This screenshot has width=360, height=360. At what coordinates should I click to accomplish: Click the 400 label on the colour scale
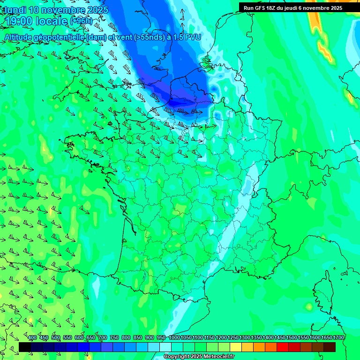pos(32,337)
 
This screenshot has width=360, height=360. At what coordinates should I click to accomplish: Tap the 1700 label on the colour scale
pos(338,337)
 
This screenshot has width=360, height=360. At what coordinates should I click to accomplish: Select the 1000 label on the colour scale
pos(174,337)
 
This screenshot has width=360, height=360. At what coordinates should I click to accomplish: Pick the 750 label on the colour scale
pos(114,337)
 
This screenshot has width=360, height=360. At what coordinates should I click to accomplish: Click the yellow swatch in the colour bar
pos(236,347)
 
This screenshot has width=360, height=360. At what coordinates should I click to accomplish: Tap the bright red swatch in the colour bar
pos(283,347)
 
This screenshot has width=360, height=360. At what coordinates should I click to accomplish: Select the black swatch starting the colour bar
pos(25,347)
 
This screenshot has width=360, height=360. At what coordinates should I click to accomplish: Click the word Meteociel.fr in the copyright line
pos(219,357)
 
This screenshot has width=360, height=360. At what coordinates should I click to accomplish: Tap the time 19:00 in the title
pos(18,21)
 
